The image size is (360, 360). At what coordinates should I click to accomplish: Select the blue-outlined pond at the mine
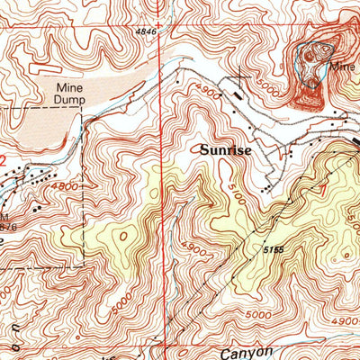click(x=310, y=56)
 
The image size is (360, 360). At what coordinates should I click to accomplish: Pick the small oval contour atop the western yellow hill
click(x=123, y=236)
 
